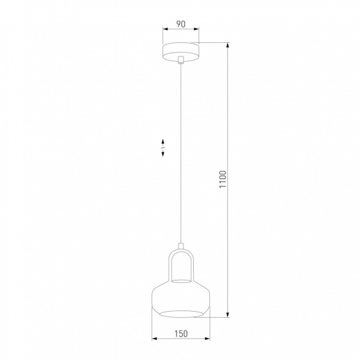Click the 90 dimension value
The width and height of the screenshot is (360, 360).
[180, 24]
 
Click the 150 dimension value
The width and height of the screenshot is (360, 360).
[180, 334]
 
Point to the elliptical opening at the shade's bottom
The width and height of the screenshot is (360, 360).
[180, 313]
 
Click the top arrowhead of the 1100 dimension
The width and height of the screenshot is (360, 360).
[229, 44]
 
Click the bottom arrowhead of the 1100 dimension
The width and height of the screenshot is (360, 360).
[229, 315]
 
